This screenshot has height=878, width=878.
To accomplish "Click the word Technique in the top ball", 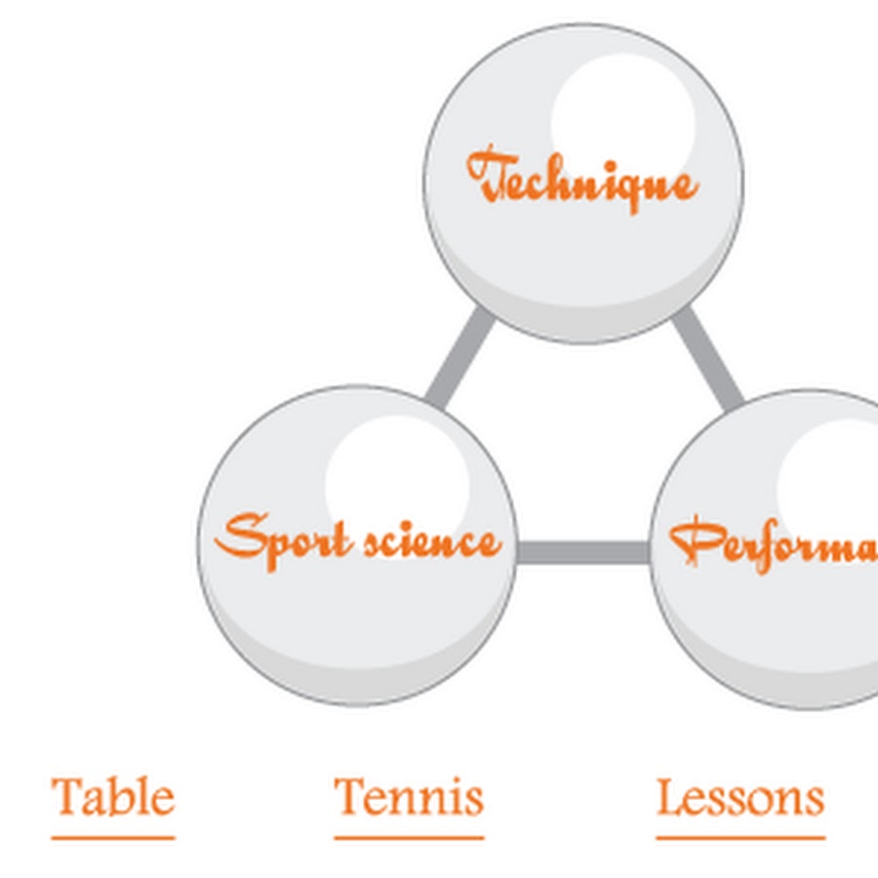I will coord(583,180).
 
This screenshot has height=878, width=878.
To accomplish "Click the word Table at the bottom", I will coord(113,798).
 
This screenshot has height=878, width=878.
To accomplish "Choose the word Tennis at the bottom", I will coord(409,798).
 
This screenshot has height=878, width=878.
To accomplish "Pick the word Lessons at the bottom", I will coord(739,798).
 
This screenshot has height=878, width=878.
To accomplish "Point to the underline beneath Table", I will coord(113,836).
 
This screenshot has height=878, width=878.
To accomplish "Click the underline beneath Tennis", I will coord(409,836).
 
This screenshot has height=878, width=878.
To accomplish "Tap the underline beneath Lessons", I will coord(739,836).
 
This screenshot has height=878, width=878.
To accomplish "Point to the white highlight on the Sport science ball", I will coord(397,475).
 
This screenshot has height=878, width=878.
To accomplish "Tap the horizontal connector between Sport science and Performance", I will coord(582,553).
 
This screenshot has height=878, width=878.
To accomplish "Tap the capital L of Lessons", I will coord(668,798).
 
